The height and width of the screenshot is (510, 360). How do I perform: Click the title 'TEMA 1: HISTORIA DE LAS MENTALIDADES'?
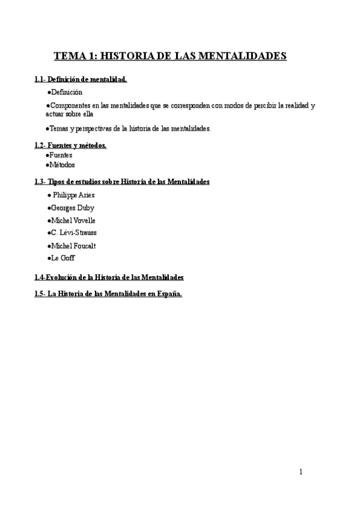[171, 57]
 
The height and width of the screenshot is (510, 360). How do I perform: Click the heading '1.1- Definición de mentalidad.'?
[81, 79]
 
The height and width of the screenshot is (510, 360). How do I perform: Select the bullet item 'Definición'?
[66, 92]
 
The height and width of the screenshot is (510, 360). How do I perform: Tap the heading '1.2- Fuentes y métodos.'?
[70, 146]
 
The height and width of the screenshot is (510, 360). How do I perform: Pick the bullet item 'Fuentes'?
[61, 155]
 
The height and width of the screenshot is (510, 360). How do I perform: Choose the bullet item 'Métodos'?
[62, 165]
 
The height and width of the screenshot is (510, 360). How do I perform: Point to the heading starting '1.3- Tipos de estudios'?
[122, 182]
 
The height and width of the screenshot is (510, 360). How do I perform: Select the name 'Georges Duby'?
[72, 207]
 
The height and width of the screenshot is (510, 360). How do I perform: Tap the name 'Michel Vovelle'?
[73, 220]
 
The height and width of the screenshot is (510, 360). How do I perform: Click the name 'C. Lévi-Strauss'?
[74, 232]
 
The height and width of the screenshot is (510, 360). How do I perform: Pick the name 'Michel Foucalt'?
[73, 245]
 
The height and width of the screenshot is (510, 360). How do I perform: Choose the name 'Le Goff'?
[63, 257]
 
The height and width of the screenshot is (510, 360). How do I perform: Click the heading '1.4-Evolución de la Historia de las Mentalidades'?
[109, 277]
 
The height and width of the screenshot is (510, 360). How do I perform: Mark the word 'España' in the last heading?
[168, 294]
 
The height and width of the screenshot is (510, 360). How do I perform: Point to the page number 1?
[301, 472]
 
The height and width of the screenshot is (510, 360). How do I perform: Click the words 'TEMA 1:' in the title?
[75, 57]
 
